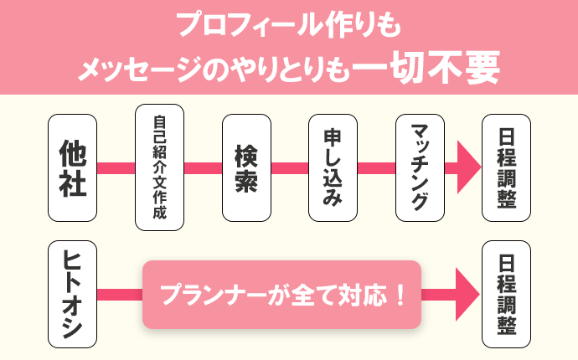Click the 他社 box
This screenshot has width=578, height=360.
pos(73,167)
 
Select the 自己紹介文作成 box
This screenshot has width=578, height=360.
pos(159,167)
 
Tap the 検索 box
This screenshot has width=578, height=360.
pos(245,167)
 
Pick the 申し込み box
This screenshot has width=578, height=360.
pos(333,167)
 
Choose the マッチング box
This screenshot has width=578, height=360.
pos(420,167)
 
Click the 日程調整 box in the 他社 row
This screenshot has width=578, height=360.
pos(506,167)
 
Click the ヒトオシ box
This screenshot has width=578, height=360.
pos(73,295)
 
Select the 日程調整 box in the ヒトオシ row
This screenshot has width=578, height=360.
pos(506,295)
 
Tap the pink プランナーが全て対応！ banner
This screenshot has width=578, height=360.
pos(281,295)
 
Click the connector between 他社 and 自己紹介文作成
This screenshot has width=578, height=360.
pos(116,167)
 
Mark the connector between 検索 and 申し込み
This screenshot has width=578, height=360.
pos(289,167)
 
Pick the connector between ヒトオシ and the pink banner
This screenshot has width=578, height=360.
pos(120,295)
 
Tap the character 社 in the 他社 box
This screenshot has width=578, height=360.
pos(73,184)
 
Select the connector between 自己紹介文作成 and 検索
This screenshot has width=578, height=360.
pos(203,167)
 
